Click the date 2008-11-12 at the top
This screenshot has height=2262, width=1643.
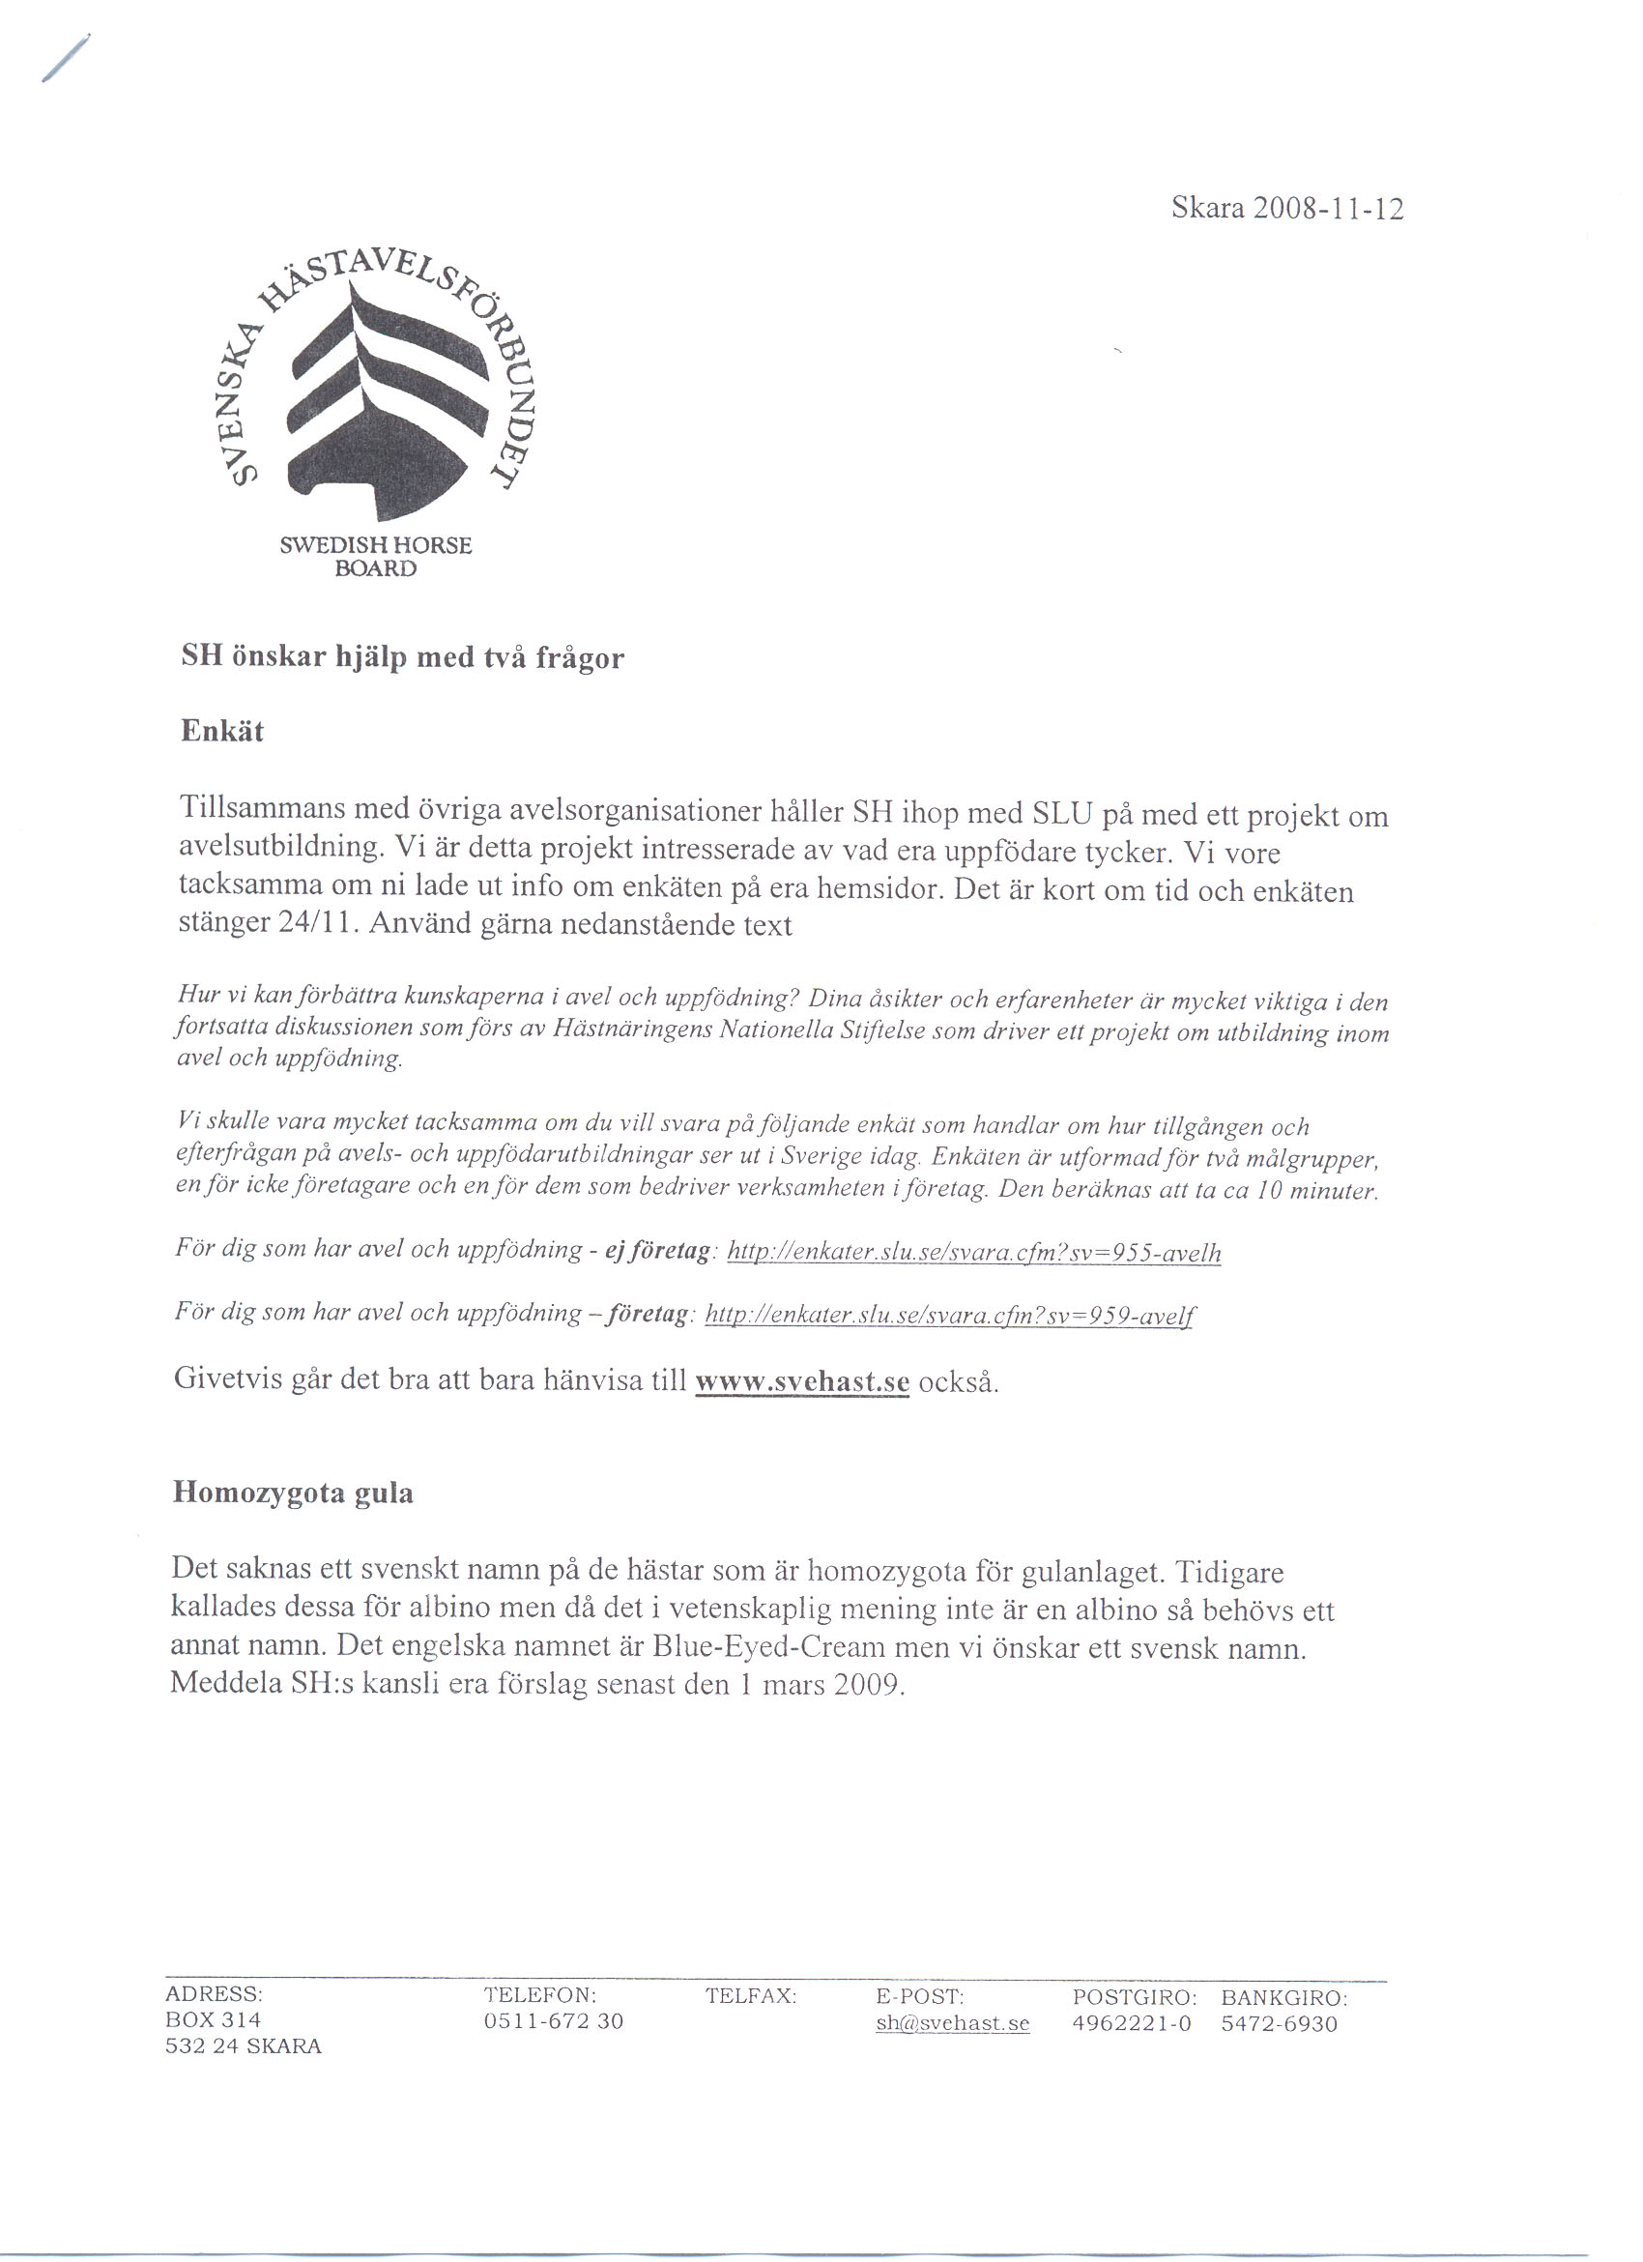tap(1328, 210)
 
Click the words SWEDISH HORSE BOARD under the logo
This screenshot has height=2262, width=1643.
tap(376, 558)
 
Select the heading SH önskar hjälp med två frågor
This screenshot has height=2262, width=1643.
tap(402, 658)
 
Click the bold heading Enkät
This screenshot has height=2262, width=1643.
tap(221, 731)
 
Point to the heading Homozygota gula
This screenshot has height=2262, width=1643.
tap(292, 1493)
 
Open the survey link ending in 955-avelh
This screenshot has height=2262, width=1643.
tap(974, 1253)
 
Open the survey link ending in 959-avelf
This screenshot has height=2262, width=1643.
tap(949, 1316)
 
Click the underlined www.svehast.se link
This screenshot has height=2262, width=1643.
tap(801, 1381)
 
